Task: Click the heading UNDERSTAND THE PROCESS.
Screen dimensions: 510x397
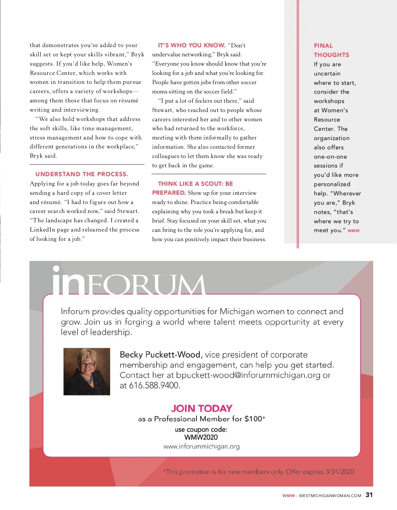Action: pyautogui.click(x=81, y=174)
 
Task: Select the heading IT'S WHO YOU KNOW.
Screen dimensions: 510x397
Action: pyautogui.click(x=192, y=45)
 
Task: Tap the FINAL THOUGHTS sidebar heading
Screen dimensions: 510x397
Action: pyautogui.click(x=331, y=50)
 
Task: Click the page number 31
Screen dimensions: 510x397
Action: pyautogui.click(x=369, y=495)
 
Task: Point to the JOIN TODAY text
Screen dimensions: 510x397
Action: pyautogui.click(x=201, y=408)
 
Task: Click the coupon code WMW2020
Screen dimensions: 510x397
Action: pyautogui.click(x=201, y=437)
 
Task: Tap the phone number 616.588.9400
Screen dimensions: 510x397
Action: pyautogui.click(x=154, y=385)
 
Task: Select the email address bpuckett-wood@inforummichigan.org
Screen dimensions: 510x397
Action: pyautogui.click(x=248, y=375)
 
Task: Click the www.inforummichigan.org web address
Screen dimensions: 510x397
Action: pyautogui.click(x=201, y=446)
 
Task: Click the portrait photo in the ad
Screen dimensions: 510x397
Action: pyautogui.click(x=87, y=371)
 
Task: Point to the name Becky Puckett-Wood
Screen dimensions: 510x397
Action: pyautogui.click(x=160, y=355)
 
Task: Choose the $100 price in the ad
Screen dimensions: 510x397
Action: pyautogui.click(x=253, y=419)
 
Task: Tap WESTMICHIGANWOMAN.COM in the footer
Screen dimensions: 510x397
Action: pyautogui.click(x=330, y=496)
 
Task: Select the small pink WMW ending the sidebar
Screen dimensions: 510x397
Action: pyautogui.click(x=353, y=230)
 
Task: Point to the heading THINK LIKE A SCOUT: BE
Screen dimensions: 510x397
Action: pyautogui.click(x=195, y=184)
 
